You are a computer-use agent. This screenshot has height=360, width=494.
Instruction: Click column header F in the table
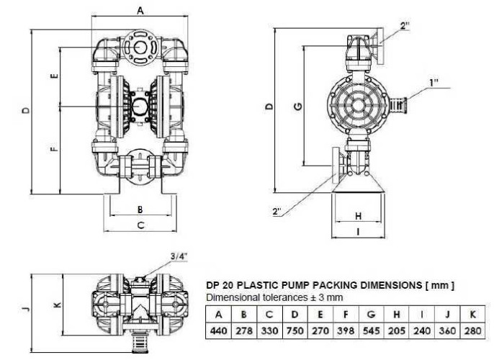[x=346, y=315]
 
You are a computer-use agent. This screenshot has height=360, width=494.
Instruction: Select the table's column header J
[x=448, y=315]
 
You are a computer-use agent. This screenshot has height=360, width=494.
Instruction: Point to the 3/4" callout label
[x=180, y=256]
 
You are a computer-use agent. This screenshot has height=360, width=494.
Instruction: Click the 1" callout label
[x=434, y=83]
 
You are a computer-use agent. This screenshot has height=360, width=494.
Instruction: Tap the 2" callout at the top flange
[x=405, y=26]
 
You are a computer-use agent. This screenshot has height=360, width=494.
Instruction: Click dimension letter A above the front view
[x=140, y=10]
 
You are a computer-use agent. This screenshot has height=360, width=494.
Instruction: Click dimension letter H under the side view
[x=358, y=215]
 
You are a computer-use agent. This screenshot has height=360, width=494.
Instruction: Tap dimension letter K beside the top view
[x=58, y=305]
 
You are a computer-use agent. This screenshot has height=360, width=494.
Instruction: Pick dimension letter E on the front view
[x=54, y=76]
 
